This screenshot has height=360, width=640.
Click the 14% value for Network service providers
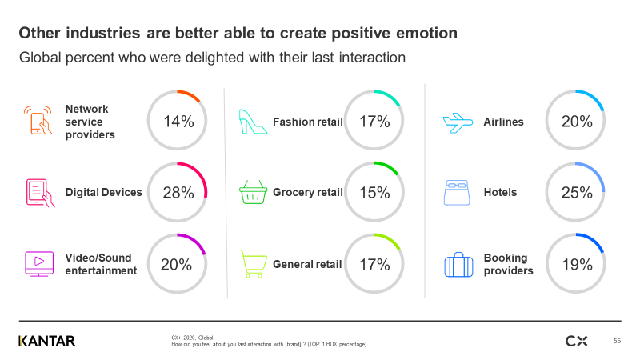point(178,122)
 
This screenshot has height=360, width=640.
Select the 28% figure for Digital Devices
point(177,192)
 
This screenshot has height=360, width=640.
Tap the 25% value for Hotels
point(576,192)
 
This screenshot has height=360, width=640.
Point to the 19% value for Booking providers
point(576,264)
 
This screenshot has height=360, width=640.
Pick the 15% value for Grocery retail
point(374,192)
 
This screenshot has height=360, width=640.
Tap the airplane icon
point(457,122)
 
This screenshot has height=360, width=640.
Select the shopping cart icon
point(253,264)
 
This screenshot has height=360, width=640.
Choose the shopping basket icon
point(253,193)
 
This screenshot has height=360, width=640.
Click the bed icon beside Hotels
point(457,193)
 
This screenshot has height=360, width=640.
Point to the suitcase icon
point(457,265)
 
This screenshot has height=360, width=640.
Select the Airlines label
point(503,122)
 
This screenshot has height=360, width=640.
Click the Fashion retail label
point(307,122)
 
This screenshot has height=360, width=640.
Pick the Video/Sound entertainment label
point(101,264)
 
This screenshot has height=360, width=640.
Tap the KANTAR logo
point(46,341)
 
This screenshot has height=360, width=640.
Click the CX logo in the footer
point(576,341)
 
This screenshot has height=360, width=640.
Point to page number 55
point(617,342)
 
